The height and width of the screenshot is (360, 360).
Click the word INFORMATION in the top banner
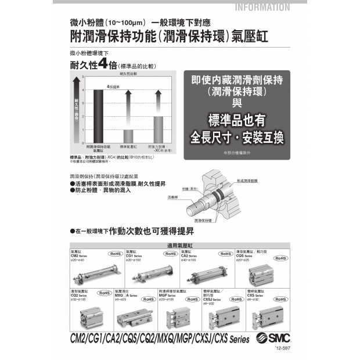(263, 8)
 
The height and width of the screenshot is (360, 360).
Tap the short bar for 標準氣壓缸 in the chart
(128, 136)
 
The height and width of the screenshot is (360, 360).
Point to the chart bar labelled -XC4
(158, 129)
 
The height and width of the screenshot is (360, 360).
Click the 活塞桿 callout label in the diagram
(172, 197)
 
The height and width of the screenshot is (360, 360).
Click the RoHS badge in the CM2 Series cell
(115, 254)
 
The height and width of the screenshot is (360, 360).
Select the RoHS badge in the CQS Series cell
(280, 258)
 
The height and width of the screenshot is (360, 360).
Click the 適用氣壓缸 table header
(179, 245)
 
